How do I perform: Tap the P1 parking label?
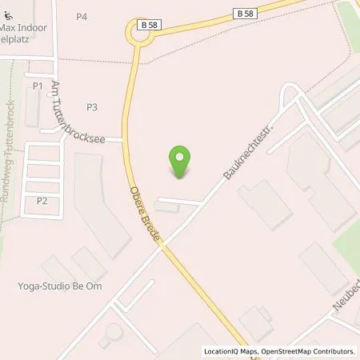point(37,86)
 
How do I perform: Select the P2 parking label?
point(42,201)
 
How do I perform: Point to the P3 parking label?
point(92,106)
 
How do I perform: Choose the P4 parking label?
point(82,17)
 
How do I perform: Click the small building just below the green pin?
point(168,208)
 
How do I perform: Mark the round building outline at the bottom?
point(111,331)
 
